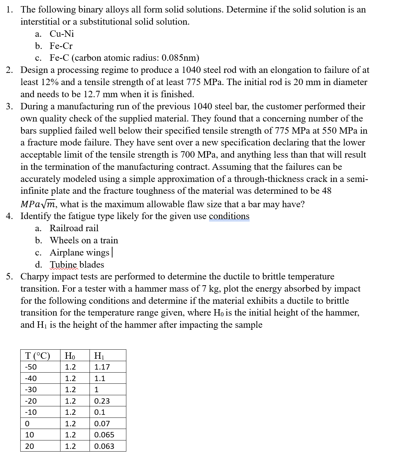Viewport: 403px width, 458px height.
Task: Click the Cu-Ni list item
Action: (61, 34)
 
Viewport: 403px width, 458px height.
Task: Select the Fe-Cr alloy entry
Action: (61, 46)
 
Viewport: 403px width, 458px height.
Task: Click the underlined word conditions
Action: (229, 216)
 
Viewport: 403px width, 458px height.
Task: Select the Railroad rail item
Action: (74, 228)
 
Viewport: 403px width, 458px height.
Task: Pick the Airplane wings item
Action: (79, 252)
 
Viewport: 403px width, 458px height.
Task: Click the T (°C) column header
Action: (37, 355)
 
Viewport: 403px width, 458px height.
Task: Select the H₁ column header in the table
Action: (99, 355)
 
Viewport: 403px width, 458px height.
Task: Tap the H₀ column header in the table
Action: (70, 355)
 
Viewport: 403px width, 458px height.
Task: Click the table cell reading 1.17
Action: (102, 367)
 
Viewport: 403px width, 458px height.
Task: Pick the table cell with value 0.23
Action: (102, 401)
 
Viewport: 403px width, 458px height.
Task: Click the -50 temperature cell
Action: (31, 367)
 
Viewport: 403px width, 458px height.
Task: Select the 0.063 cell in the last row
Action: (104, 446)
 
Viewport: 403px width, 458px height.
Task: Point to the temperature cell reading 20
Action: (29, 446)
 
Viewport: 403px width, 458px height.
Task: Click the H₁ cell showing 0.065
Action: (104, 435)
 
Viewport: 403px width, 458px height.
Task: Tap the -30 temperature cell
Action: (31, 390)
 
